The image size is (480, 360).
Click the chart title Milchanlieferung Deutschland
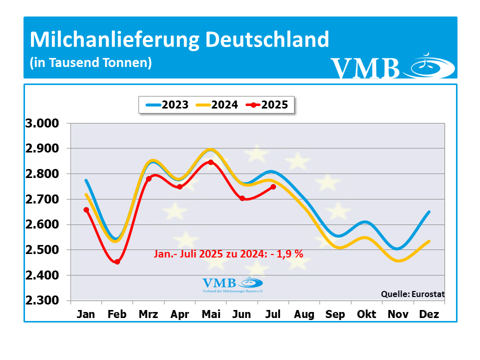click(179, 39)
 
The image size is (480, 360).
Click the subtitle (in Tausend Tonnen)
click(90, 63)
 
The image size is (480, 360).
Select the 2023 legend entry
click(167, 105)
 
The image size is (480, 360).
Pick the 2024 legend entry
click(217, 105)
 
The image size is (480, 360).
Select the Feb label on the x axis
click(117, 314)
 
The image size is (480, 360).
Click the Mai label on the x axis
click(211, 314)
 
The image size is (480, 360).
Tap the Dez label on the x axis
click(429, 314)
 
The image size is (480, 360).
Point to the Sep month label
click(335, 314)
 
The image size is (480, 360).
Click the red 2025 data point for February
click(117, 261)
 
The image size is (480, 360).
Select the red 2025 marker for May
click(211, 162)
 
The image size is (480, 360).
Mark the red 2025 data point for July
click(273, 187)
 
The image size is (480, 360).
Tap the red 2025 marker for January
click(86, 209)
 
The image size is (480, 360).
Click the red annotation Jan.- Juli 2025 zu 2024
click(228, 254)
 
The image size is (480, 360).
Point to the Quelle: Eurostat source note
click(412, 294)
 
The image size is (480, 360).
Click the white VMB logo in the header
click(392, 67)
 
